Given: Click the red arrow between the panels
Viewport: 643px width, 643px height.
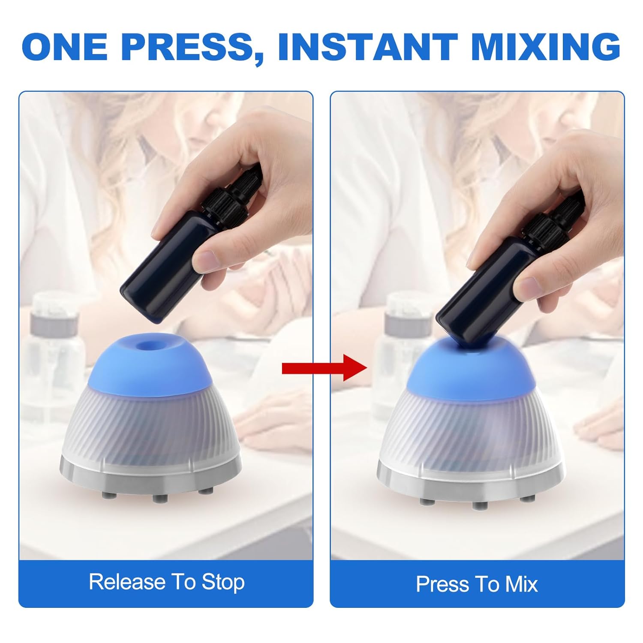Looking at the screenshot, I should (x=324, y=368).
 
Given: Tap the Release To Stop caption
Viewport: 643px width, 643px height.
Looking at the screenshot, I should (x=167, y=582).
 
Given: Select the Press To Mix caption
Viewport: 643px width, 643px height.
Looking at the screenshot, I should (x=477, y=584).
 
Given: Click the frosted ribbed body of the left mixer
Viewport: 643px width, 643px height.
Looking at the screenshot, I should (x=150, y=424).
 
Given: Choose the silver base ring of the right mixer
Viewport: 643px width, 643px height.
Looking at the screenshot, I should (x=469, y=482).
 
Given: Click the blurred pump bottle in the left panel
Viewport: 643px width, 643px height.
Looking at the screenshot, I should (x=54, y=343).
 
